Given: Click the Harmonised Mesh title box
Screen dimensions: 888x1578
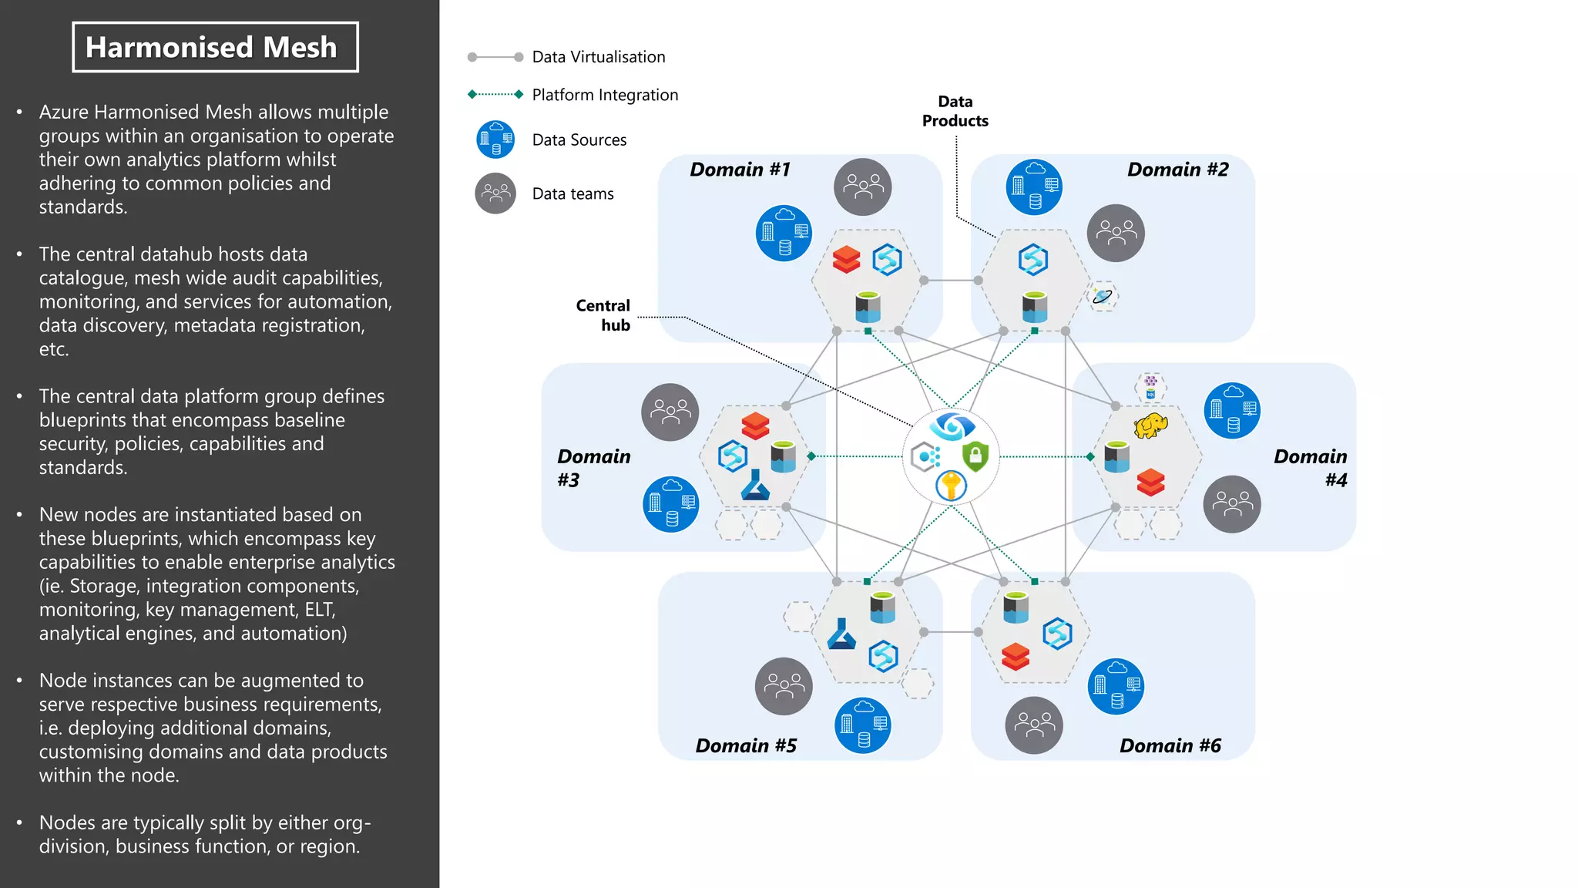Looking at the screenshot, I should click(215, 47).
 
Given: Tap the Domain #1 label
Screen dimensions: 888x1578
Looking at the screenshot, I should click(740, 170).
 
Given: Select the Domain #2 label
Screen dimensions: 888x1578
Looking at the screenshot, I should click(1177, 170).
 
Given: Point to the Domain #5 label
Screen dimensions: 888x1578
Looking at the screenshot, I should click(745, 745).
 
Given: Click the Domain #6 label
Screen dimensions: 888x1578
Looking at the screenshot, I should click(1170, 745).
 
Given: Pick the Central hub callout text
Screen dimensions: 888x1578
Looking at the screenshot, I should click(603, 315).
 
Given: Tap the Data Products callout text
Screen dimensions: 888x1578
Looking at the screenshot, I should click(955, 111).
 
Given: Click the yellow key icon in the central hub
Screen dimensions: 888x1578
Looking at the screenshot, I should click(952, 486).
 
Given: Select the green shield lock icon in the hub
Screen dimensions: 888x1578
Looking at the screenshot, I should click(975, 456).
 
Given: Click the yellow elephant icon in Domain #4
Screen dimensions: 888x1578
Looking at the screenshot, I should click(1150, 425).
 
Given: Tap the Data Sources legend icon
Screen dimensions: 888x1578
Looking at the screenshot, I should click(495, 140).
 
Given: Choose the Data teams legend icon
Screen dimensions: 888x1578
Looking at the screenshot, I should click(495, 193).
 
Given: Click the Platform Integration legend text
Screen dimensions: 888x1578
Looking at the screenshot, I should click(605, 95).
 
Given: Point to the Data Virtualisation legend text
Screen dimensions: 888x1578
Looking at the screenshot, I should click(598, 57).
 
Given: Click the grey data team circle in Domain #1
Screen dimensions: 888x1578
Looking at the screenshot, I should click(862, 187).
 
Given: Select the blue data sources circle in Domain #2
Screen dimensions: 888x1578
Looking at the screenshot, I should click(1034, 187).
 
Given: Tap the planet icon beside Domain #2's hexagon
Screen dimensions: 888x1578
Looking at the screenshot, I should click(1103, 296).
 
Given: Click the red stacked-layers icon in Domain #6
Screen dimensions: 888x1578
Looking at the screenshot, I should click(1016, 657).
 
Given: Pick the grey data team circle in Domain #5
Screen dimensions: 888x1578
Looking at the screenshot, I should click(784, 686).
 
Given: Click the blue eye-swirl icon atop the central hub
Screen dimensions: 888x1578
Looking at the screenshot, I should click(952, 425).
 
